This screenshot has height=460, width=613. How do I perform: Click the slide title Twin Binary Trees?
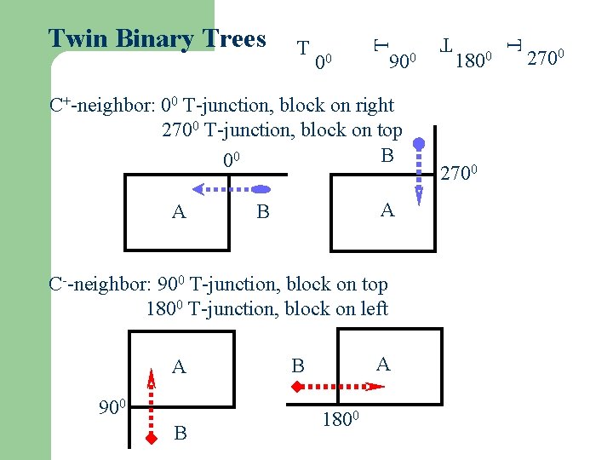pos(158,38)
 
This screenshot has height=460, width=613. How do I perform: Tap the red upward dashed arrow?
pos(151,404)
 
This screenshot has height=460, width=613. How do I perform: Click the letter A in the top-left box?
pos(179,212)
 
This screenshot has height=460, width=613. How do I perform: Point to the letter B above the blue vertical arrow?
pos(387,155)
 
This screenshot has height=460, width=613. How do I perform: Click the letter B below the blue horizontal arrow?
pos(263,212)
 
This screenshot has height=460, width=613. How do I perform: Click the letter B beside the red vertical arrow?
pos(180,434)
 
